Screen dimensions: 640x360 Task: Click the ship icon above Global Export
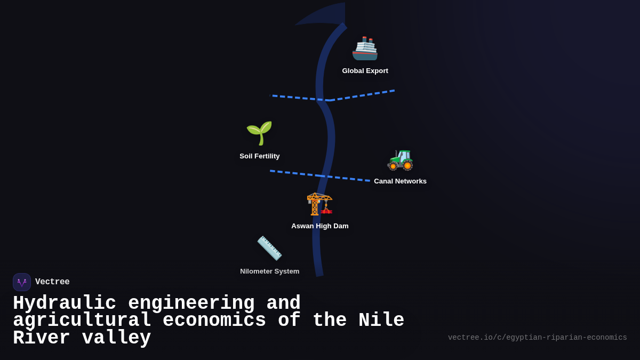click(365, 49)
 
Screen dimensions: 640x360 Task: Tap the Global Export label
click(365, 71)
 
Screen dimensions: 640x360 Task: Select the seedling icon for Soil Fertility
click(259, 133)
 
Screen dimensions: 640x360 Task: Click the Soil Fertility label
click(259, 156)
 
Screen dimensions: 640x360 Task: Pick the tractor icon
click(400, 159)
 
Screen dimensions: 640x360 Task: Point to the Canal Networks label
click(400, 181)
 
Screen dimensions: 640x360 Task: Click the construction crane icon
click(319, 203)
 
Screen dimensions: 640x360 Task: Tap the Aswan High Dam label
click(319, 226)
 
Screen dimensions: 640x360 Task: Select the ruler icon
click(269, 248)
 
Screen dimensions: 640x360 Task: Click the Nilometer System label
click(269, 271)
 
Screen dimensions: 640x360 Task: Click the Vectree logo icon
click(22, 282)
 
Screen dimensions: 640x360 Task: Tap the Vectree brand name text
click(52, 282)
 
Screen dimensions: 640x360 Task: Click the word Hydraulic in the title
click(65, 303)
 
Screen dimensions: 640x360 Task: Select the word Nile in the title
click(381, 321)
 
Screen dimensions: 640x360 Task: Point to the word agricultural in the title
click(82, 321)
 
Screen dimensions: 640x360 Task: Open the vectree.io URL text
click(537, 338)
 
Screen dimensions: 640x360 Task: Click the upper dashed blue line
click(363, 95)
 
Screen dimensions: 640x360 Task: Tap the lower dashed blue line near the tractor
click(347, 178)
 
